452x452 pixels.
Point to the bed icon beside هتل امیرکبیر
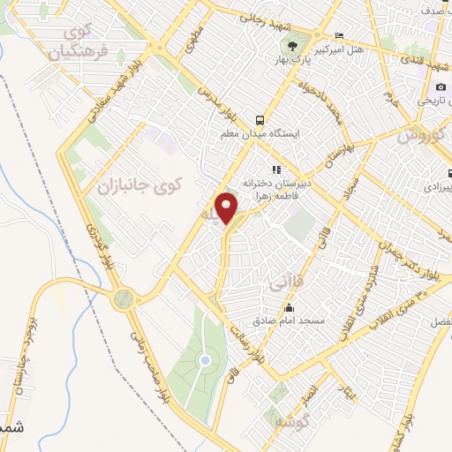[x=339, y=36]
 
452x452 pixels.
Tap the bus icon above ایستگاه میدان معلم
[x=259, y=119]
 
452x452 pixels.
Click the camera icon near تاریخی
[x=441, y=87]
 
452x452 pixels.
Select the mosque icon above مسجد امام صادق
[x=289, y=309]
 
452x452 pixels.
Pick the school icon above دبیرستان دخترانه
[x=276, y=169]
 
